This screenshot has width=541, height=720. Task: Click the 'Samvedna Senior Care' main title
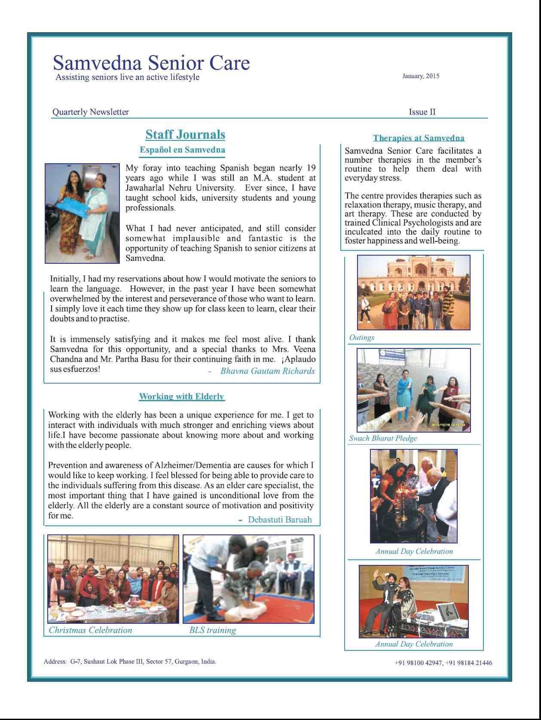coord(151,63)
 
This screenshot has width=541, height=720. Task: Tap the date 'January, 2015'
coord(421,76)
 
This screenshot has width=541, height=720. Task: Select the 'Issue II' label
coord(422,112)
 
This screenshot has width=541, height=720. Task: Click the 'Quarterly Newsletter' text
coord(90,112)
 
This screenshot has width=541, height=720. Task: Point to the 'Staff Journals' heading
coord(185,134)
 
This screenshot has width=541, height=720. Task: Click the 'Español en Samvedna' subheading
coord(182,150)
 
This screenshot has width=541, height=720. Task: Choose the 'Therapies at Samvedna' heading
coord(419,138)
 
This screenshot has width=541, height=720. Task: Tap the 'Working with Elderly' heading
coord(181,397)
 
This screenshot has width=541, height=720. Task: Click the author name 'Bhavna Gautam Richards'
coord(267,371)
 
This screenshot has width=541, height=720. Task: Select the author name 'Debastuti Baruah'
coord(280,520)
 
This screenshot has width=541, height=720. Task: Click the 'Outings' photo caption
coord(361,338)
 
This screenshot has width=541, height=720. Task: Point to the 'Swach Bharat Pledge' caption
coord(383,439)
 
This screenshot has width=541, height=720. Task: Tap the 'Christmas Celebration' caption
coord(90,630)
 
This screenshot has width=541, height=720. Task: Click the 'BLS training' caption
coord(212,630)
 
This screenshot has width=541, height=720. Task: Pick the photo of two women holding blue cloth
coord(82,213)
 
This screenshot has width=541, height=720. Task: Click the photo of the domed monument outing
coord(413,293)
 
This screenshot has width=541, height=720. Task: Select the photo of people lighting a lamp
coord(413,496)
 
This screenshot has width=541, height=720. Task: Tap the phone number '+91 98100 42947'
coord(418,663)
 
